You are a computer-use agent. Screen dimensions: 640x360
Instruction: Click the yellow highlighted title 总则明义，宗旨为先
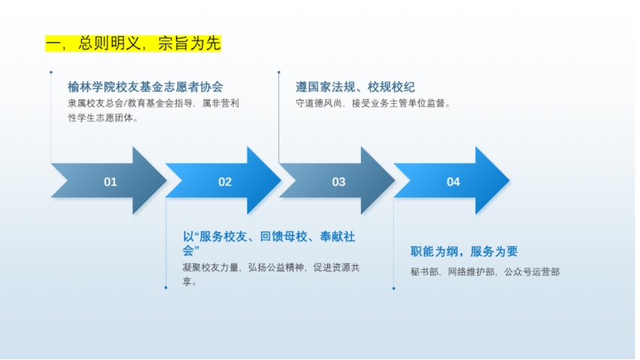click(x=133, y=44)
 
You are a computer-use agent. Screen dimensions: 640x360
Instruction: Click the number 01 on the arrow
click(x=111, y=182)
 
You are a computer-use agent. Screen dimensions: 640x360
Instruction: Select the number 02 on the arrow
click(x=225, y=182)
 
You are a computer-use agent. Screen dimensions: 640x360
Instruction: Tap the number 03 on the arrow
click(x=338, y=182)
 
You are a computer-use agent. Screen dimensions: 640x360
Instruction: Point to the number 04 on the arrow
click(x=453, y=182)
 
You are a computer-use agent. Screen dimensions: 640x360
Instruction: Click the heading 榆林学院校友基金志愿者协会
click(x=145, y=87)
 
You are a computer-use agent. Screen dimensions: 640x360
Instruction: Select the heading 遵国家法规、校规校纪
click(x=355, y=87)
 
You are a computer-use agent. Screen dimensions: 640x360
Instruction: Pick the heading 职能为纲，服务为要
click(x=464, y=252)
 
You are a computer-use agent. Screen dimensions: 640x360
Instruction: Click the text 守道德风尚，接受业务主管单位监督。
click(x=373, y=104)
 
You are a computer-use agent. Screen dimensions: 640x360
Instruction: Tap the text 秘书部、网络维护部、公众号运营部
click(x=485, y=272)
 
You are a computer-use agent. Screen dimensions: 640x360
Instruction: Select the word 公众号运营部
click(x=532, y=272)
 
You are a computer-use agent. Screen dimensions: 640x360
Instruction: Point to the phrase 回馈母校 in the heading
click(x=284, y=237)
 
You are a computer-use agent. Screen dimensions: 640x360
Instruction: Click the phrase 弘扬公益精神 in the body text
click(x=276, y=268)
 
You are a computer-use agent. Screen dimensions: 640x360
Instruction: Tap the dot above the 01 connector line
click(x=51, y=72)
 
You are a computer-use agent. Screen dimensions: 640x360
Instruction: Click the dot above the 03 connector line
click(x=279, y=72)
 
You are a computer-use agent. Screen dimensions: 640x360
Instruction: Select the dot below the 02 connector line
click(x=165, y=288)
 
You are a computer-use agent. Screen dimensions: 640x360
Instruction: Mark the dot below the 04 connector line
click(x=394, y=289)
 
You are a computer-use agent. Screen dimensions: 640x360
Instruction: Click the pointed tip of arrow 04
click(x=509, y=180)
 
